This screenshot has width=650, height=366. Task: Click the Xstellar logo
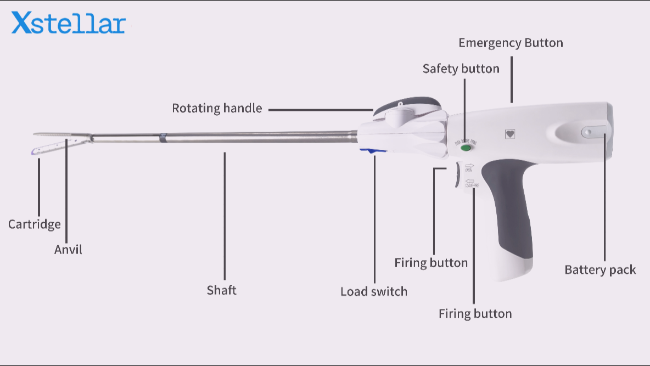[69, 23]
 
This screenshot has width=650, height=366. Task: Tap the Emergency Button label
[511, 43]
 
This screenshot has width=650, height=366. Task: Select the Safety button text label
[461, 69]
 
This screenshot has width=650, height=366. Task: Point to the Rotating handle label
[217, 108]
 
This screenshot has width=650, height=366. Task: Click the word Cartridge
[34, 224]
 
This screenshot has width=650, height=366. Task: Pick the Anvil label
[68, 249]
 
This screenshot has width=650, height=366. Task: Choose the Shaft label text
[221, 290]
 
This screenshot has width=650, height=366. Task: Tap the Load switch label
[374, 291]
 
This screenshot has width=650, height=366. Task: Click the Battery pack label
[600, 269]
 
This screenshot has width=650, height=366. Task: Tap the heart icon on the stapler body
[510, 133]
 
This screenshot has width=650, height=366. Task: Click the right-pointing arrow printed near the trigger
[469, 165]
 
